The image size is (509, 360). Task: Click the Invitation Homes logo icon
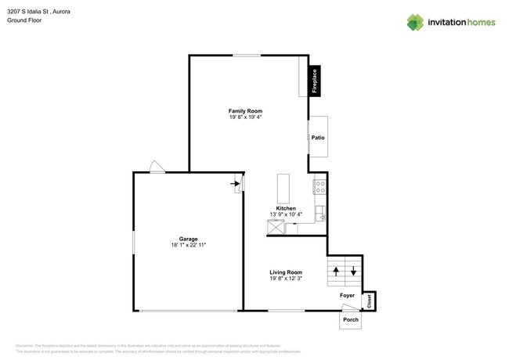pos(415,23)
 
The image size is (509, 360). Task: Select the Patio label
pos(318,138)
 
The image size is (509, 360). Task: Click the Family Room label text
pos(245,111)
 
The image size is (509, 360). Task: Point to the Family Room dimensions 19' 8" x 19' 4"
pos(245,118)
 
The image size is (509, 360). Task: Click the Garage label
pos(188,239)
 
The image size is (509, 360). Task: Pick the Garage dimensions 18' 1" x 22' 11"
pos(188,246)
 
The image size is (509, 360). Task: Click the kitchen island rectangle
pos(283,189)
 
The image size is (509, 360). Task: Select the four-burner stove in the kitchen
pos(319,187)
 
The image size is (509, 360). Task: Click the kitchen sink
pos(320,212)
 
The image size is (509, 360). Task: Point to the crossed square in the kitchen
pos(276,228)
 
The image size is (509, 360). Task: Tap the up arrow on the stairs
pos(336,271)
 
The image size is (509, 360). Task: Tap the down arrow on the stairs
pos(353,271)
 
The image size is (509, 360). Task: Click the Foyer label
pos(347,295)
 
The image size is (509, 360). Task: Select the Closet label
pos(368,300)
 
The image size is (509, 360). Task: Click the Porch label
pos(350,319)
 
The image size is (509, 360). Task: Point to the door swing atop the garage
pos(157,167)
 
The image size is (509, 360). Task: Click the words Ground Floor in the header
pos(23,20)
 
